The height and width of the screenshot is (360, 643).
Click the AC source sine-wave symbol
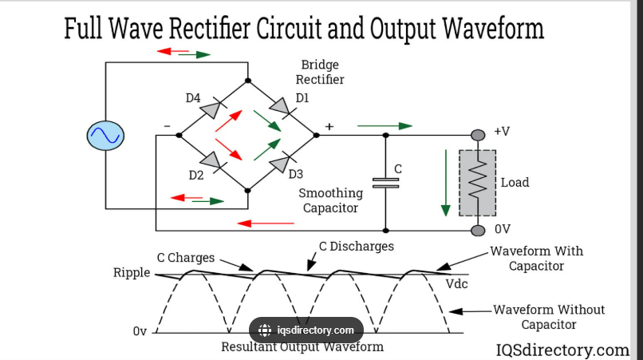105,136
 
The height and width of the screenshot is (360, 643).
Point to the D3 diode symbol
280,164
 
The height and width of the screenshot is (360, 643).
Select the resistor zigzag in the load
478,183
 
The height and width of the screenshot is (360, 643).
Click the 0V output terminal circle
478,230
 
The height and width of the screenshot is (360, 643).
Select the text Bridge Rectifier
320,72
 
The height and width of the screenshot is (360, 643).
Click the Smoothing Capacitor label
330,200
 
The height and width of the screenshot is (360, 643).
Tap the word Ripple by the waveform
132,273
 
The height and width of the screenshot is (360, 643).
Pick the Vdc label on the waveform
458,284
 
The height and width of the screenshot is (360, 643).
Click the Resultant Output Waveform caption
302,347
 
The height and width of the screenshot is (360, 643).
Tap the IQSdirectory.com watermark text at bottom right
562,350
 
